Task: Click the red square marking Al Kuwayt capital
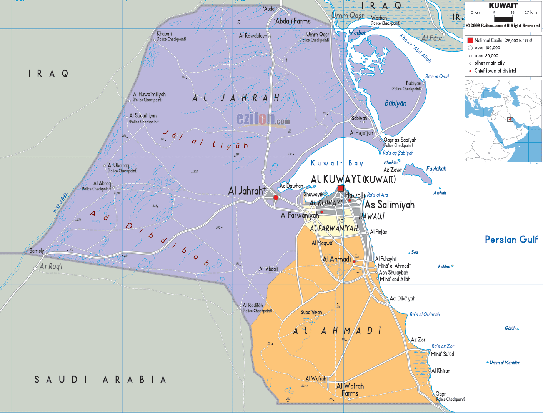[340, 188]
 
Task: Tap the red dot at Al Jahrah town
[276, 197]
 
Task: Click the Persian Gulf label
[511, 240]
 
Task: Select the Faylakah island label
[436, 168]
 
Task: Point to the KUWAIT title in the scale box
[503, 5]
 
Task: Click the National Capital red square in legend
[470, 40]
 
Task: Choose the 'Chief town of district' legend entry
[495, 71]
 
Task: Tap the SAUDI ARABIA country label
[100, 380]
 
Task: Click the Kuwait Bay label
[337, 163]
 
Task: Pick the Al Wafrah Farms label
[350, 389]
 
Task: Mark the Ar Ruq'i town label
[51, 266]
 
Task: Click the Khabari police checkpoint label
[165, 34]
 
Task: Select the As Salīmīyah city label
[390, 205]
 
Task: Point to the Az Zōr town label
[418, 340]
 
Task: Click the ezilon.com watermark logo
[263, 120]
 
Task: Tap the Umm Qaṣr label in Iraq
[348, 15]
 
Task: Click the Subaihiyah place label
[311, 312]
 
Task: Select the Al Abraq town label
[102, 183]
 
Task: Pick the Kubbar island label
[444, 266]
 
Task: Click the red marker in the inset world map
[510, 120]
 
